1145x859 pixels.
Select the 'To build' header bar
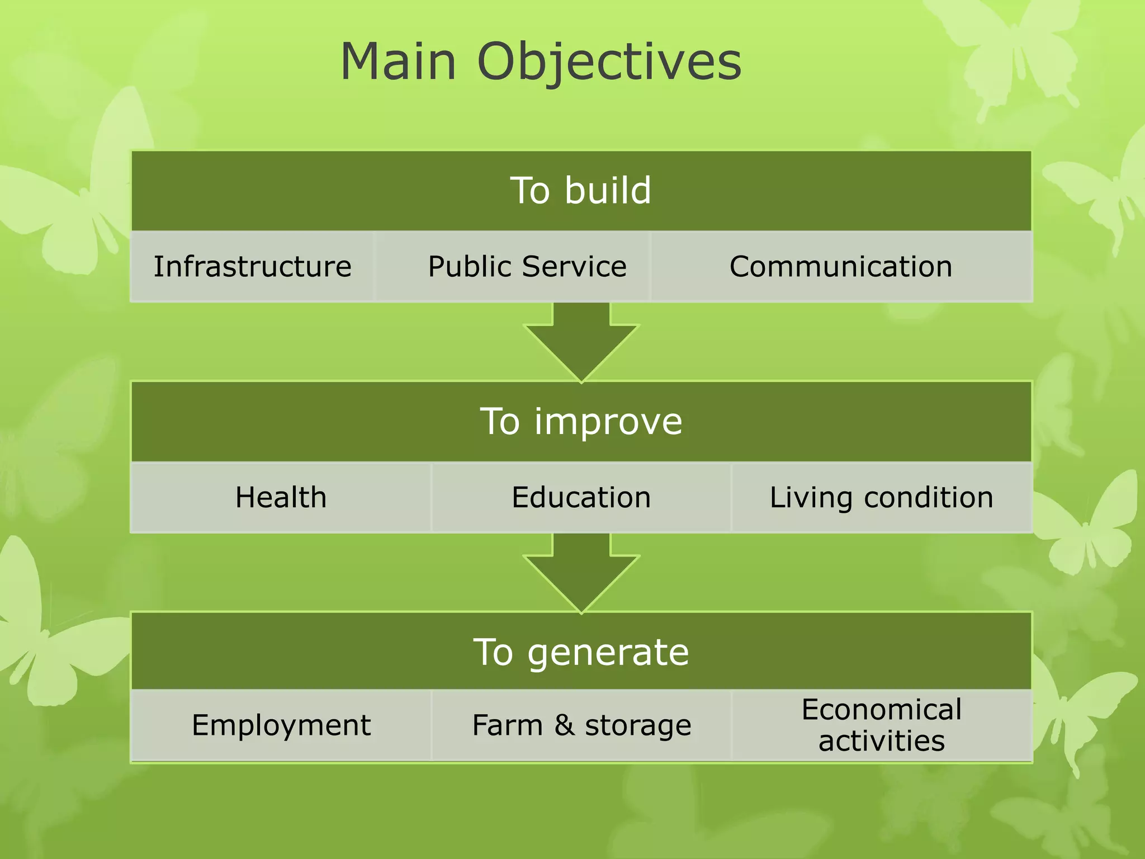pyautogui.click(x=581, y=191)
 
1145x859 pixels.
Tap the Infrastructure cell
pyautogui.click(x=253, y=267)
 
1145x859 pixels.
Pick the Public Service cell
pyautogui.click(x=527, y=267)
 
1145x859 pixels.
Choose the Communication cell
pyautogui.click(x=841, y=267)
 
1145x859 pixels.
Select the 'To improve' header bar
pyautogui.click(x=581, y=422)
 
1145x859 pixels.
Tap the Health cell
pyautogui.click(x=281, y=498)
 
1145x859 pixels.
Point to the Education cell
pyautogui.click(x=581, y=498)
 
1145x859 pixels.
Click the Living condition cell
pyautogui.click(x=881, y=498)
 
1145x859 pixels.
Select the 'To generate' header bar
pyautogui.click(x=581, y=652)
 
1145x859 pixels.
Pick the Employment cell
pyautogui.click(x=281, y=725)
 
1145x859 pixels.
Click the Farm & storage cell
pyautogui.click(x=581, y=725)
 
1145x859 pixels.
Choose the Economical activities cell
pyautogui.click(x=881, y=725)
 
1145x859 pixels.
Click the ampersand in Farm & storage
pyautogui.click(x=564, y=725)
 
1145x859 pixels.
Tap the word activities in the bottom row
pyautogui.click(x=881, y=741)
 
